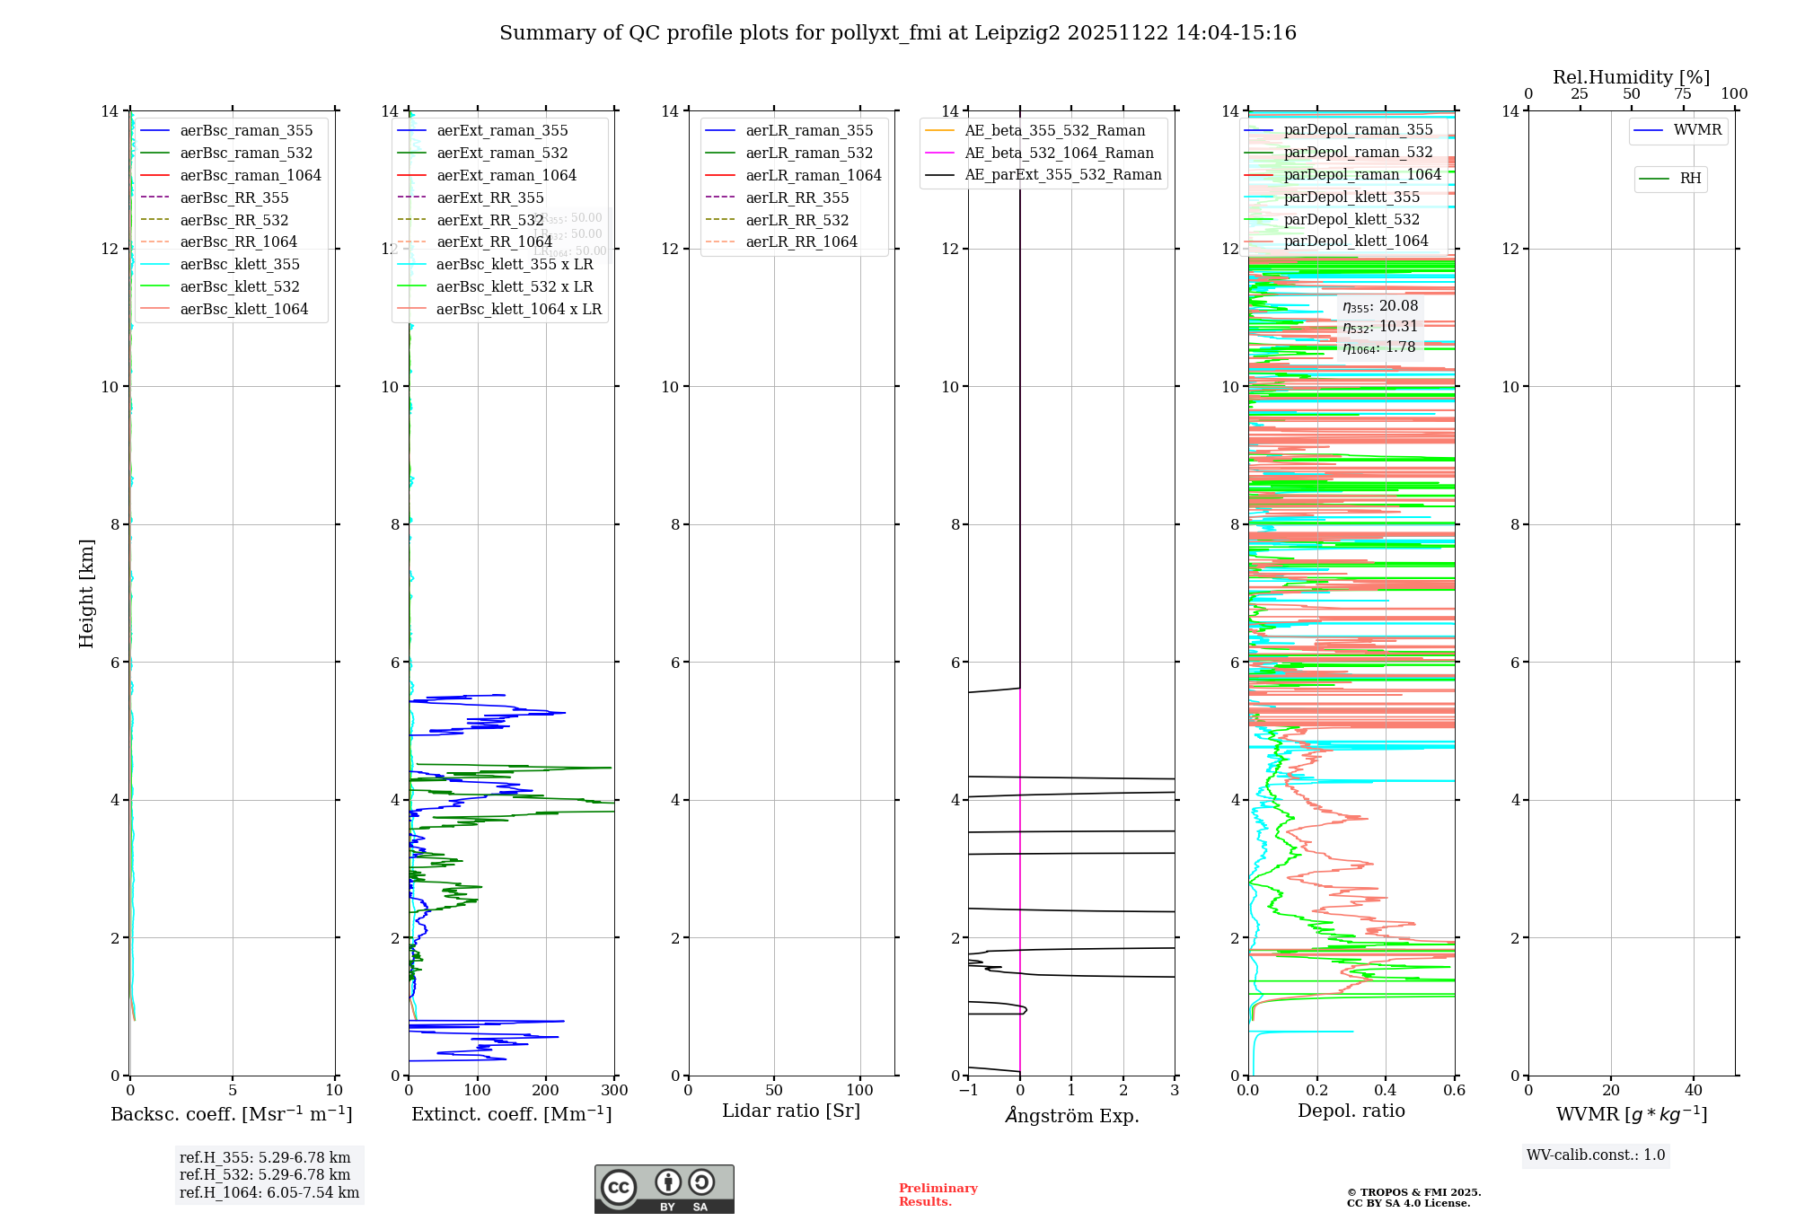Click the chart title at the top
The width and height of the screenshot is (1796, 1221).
[898, 33]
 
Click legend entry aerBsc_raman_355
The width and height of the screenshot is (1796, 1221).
[246, 131]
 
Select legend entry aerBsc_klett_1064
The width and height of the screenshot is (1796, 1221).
[243, 309]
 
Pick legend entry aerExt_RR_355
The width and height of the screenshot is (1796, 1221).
[489, 198]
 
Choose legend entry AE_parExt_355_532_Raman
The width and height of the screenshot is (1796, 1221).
[1062, 175]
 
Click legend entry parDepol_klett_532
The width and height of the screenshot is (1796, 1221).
[1351, 219]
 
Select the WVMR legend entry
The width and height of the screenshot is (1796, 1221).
[1696, 130]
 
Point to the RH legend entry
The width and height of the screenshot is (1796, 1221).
[1689, 179]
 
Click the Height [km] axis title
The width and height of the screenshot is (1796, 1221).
[86, 593]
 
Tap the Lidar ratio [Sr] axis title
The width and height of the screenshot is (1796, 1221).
[791, 1111]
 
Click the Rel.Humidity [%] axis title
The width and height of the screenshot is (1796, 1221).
[1631, 77]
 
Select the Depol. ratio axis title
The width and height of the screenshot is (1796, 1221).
[1351, 1111]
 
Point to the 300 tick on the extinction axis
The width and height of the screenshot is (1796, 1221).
[614, 1091]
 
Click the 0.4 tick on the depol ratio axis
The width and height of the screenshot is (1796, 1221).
[1386, 1091]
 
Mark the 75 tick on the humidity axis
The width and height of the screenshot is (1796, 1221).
[1683, 94]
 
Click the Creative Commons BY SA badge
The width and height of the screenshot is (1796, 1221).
[664, 1189]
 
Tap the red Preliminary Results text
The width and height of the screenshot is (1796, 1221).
[938, 1195]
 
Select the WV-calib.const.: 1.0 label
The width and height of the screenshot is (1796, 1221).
[1596, 1155]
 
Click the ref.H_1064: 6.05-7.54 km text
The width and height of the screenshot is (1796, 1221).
[269, 1193]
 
